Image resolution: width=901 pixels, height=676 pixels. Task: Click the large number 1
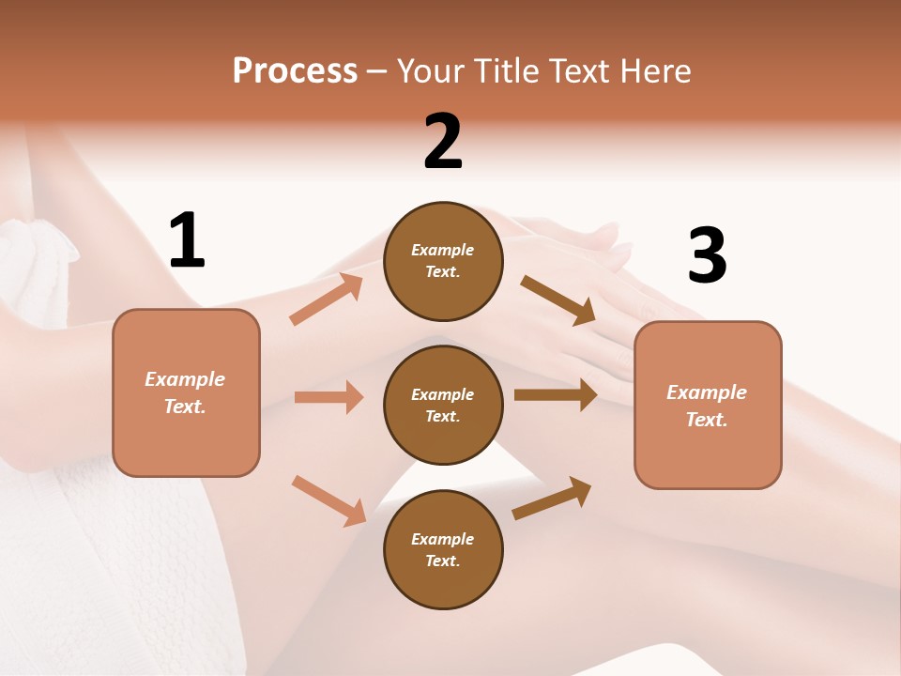click(187, 240)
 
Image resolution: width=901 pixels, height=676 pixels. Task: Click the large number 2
click(442, 142)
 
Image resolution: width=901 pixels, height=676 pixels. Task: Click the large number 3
click(707, 256)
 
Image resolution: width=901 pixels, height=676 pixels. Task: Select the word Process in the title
click(295, 70)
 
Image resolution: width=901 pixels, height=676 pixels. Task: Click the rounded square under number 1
click(186, 392)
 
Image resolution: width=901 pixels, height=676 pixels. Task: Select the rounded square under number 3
click(708, 406)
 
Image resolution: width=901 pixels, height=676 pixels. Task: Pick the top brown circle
click(443, 261)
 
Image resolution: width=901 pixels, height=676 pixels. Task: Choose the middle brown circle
click(443, 405)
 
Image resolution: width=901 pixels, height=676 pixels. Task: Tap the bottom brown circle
click(443, 549)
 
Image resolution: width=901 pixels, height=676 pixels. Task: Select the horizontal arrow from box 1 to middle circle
click(328, 397)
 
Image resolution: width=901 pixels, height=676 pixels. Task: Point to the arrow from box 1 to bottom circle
click(329, 499)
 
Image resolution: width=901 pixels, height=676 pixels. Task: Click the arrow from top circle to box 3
click(558, 300)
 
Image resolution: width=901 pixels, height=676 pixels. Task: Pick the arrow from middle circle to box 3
click(556, 395)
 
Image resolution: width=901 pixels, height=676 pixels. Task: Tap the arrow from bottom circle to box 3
click(553, 499)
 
